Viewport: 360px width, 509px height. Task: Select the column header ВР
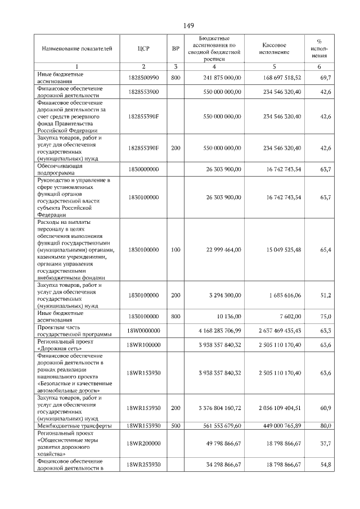tap(175, 49)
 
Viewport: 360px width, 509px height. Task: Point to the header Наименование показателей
tap(73, 49)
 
